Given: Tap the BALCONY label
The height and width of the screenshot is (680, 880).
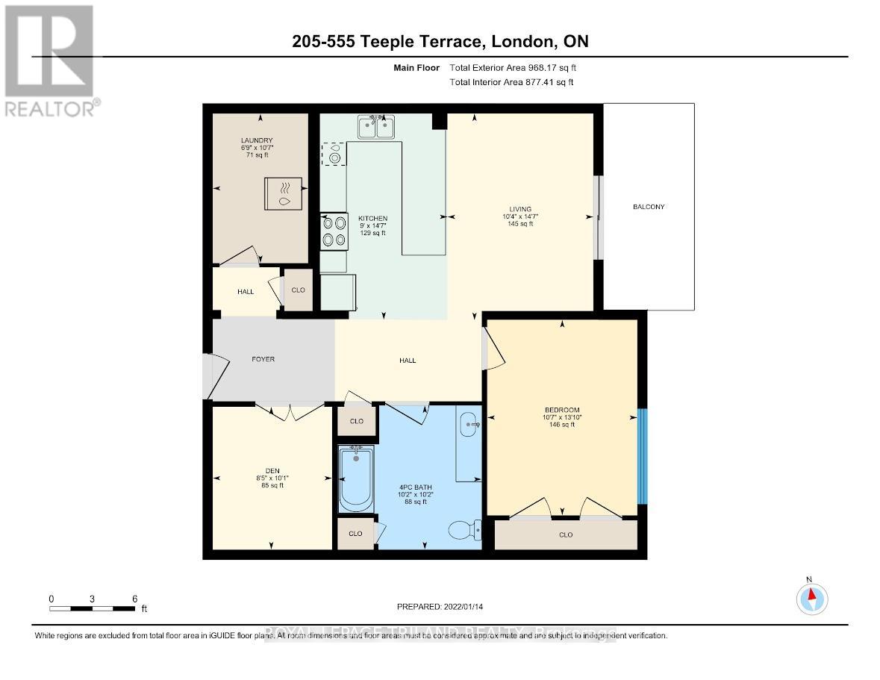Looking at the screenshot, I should tap(648, 207).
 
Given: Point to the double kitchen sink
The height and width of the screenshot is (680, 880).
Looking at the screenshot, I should tap(376, 128).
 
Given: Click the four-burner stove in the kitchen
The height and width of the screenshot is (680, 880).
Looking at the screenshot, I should tap(334, 232).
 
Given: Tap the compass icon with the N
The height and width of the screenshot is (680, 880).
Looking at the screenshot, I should tap(812, 596).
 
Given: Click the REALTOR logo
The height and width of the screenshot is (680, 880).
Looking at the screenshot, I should tap(49, 60).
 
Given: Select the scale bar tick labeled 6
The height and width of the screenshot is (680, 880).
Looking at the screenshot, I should tap(134, 599).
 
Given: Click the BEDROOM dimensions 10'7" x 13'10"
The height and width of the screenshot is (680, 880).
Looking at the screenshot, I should tap(562, 417).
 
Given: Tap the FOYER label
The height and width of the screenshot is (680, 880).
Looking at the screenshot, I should tap(263, 359).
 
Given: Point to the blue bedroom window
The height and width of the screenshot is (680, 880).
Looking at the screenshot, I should tap(643, 457).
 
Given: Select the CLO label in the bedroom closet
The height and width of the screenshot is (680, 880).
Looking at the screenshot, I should tap(565, 534).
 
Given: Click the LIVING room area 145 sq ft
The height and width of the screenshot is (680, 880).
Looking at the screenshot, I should tap(520, 224).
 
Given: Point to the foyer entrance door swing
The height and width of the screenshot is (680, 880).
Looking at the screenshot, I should tap(211, 375).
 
